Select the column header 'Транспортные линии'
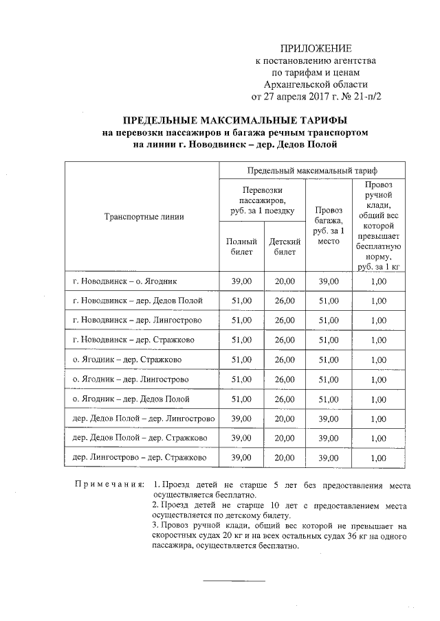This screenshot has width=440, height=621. coord(144,216)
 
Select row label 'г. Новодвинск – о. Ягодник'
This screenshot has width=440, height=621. coord(125,281)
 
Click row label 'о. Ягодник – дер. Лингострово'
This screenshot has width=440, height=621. coord(130,379)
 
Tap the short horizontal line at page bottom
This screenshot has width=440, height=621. coord(233,581)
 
